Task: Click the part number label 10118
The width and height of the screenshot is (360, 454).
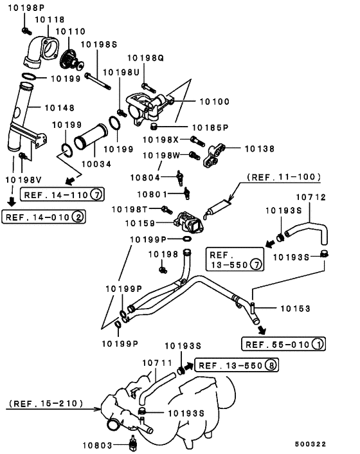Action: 50,20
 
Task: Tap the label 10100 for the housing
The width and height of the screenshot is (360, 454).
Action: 215,102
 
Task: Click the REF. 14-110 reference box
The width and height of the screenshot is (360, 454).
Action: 62,194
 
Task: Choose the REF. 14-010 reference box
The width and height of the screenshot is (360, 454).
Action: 44,217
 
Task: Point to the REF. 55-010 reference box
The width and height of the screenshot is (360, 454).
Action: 283,344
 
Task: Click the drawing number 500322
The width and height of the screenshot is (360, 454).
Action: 310,444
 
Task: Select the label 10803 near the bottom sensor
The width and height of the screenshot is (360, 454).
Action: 97,445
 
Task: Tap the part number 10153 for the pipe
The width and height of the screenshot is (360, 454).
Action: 295,309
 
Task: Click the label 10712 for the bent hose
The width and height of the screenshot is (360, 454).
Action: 310,197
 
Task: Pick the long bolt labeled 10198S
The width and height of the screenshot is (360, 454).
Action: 98,81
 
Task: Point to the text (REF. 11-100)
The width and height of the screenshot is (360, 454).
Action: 283,177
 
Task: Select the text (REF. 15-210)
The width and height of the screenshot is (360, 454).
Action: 46,403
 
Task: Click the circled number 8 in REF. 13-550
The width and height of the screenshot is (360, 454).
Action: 271,365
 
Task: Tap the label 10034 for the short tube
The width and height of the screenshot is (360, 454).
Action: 96,164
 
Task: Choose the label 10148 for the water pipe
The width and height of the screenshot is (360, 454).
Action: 60,107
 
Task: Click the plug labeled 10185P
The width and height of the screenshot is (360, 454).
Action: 154,126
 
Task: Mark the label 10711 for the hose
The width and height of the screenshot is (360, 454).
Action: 157,363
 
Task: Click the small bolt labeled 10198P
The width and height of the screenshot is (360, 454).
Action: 26,30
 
